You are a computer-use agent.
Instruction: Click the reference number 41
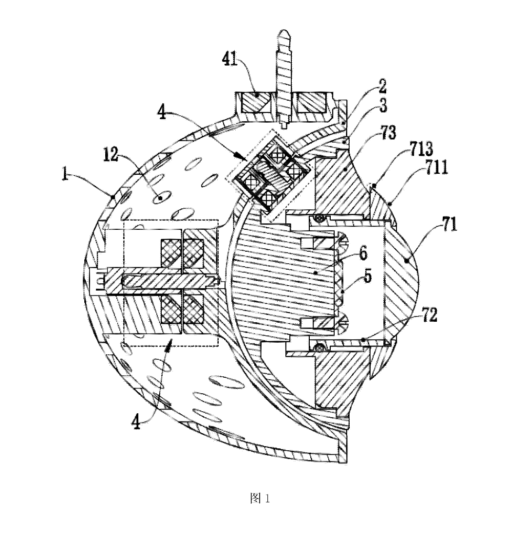point(230,59)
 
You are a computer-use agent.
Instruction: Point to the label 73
point(388,132)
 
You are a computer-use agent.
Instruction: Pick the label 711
point(436,167)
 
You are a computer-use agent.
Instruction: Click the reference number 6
point(363,253)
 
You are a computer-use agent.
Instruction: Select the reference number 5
point(367,276)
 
